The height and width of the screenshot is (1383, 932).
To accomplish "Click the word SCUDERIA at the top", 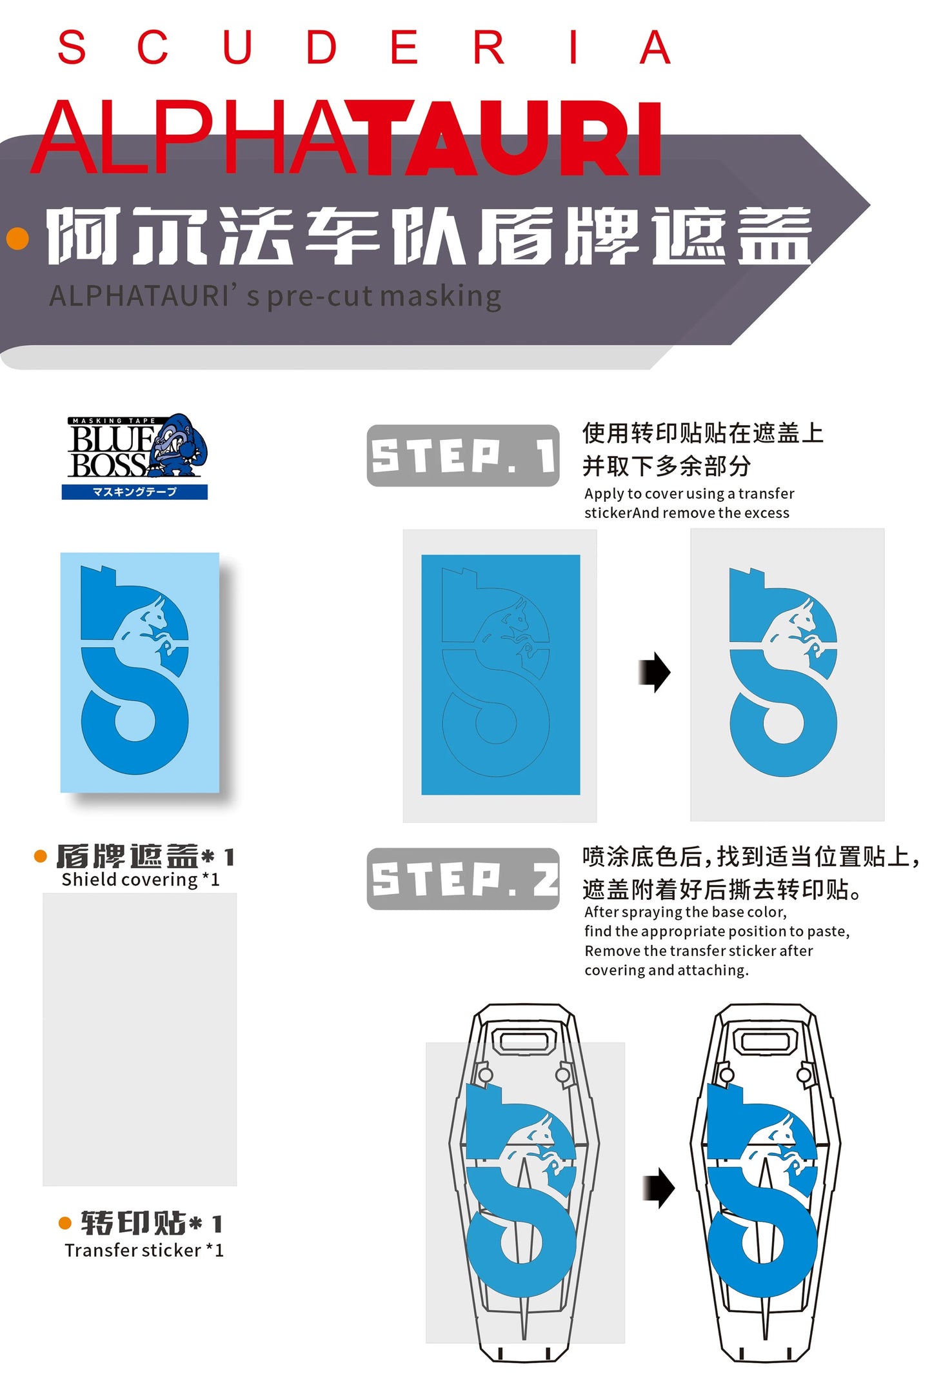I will point(364,47).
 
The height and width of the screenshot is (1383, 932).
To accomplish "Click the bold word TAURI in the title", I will point(515,139).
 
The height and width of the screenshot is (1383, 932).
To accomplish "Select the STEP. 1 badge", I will point(462,455).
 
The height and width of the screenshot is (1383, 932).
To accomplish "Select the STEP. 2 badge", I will point(462,879).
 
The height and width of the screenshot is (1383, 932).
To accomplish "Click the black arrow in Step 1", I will point(654,672).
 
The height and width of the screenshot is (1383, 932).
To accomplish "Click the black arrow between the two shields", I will point(659,1188).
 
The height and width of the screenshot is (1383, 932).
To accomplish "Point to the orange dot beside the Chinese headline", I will point(17,238).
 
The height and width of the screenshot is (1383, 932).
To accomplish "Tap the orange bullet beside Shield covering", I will point(41,856).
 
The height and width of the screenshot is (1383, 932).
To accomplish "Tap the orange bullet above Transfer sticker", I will point(65,1223).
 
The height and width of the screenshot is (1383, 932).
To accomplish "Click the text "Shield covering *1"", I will point(141,880).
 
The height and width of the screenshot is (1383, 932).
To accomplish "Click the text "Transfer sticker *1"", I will point(144,1251).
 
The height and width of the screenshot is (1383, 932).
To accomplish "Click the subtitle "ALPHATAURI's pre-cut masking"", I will point(275,297).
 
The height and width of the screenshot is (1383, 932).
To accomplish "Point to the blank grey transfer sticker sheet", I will point(139,1039).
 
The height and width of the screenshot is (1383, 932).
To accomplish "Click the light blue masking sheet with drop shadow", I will point(140,672).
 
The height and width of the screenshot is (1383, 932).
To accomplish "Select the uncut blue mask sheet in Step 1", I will point(501,675).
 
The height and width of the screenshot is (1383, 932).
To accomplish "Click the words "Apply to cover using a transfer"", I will point(689,493).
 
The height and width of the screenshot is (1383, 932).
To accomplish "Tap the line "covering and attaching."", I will point(666,970).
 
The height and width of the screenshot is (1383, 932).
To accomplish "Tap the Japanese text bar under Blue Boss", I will point(135,492).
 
